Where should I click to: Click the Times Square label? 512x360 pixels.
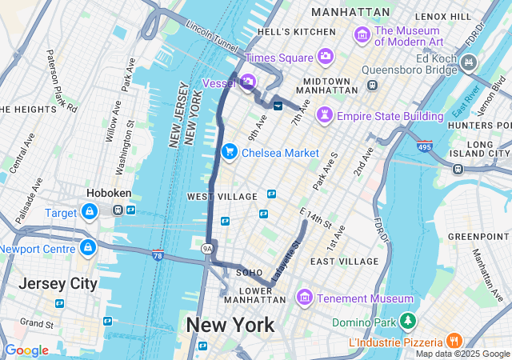(280, 58)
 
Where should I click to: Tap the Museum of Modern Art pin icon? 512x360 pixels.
(362, 34)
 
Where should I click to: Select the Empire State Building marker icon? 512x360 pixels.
(325, 116)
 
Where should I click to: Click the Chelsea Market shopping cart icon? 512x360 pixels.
(230, 151)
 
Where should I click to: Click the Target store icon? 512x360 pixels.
(88, 212)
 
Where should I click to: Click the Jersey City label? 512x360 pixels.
(58, 283)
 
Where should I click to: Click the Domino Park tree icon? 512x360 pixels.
(409, 321)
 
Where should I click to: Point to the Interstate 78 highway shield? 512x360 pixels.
(158, 254)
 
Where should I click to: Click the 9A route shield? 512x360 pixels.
(207, 249)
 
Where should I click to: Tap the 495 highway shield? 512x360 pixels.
(424, 147)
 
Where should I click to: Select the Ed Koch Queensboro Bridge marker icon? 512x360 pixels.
(468, 62)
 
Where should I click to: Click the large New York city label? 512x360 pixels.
(230, 325)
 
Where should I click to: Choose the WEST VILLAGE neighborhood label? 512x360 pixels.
(222, 196)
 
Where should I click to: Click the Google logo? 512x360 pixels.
(27, 350)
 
